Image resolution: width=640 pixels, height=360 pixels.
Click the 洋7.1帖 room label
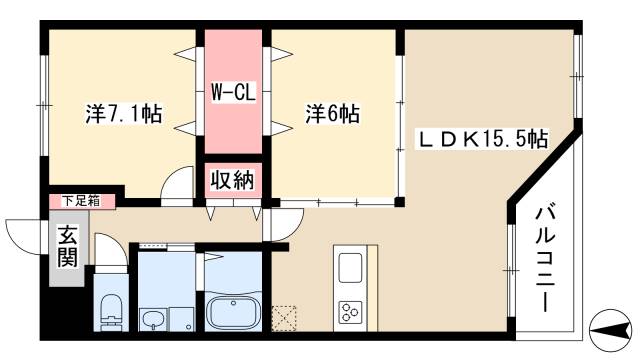(124, 114)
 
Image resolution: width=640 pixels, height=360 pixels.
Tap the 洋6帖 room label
(332, 114)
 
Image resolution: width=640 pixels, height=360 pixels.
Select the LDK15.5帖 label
(482, 138)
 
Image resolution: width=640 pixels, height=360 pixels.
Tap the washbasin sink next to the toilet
(152, 318)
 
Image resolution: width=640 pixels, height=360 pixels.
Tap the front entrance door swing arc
(25, 238)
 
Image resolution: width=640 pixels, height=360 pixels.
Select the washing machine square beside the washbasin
(183, 318)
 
